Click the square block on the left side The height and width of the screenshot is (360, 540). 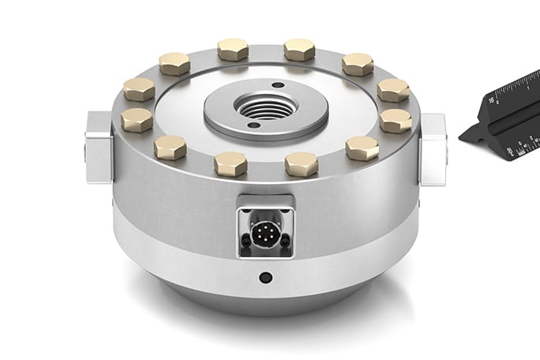pyautogui.click(x=98, y=147)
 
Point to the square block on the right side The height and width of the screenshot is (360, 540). pyautogui.click(x=433, y=149)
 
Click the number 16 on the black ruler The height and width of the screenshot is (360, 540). pyautogui.click(x=490, y=100)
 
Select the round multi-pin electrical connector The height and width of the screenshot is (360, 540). pyautogui.click(x=266, y=232)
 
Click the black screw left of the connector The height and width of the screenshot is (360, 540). pyautogui.click(x=246, y=241)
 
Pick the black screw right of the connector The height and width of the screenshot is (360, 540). pyautogui.click(x=287, y=241)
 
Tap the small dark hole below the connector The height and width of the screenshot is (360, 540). pyautogui.click(x=266, y=278)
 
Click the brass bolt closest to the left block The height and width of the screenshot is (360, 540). pyautogui.click(x=137, y=120)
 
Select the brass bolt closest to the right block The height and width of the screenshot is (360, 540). pyautogui.click(x=395, y=121)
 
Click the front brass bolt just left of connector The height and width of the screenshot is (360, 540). pyautogui.click(x=231, y=164)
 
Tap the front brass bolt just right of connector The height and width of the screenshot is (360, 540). pyautogui.click(x=302, y=164)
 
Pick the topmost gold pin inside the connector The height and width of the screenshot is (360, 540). pyautogui.click(x=266, y=224)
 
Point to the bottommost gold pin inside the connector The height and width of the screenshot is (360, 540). pyautogui.click(x=266, y=241)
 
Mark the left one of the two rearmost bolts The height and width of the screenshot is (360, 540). pyautogui.click(x=233, y=49)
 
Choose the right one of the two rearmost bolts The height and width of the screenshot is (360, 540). pyautogui.click(x=299, y=49)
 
